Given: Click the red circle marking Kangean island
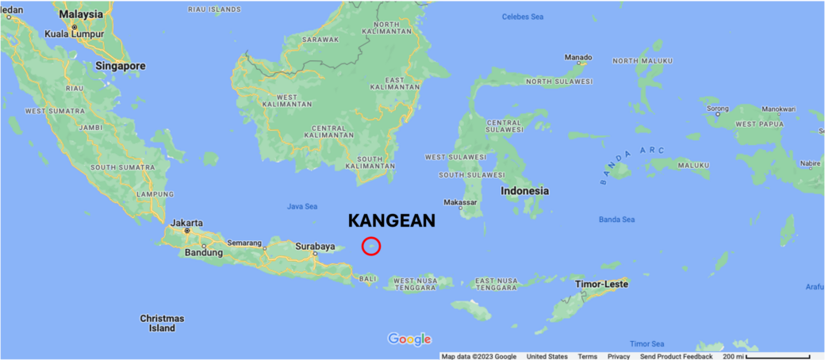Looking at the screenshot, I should pos(371,247).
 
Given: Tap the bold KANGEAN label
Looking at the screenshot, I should pos(392,221).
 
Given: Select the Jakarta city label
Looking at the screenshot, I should pos(186,223).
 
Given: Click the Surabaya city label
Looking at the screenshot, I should pos(315,247).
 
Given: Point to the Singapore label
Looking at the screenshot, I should pos(121,66).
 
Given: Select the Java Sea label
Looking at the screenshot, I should pos(301,207).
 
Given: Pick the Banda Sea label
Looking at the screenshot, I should pos(616,219).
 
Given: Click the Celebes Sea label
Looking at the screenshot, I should pos(523,17).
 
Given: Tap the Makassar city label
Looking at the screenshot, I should pos(460,202).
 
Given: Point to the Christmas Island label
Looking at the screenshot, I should pos(162,323).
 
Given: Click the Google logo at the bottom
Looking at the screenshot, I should pos(409,339).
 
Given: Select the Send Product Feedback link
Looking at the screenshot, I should pos(676,356).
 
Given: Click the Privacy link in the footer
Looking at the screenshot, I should pos(619,356).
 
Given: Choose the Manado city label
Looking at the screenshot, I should pos(577,57).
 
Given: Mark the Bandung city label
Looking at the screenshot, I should pos(203,253).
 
